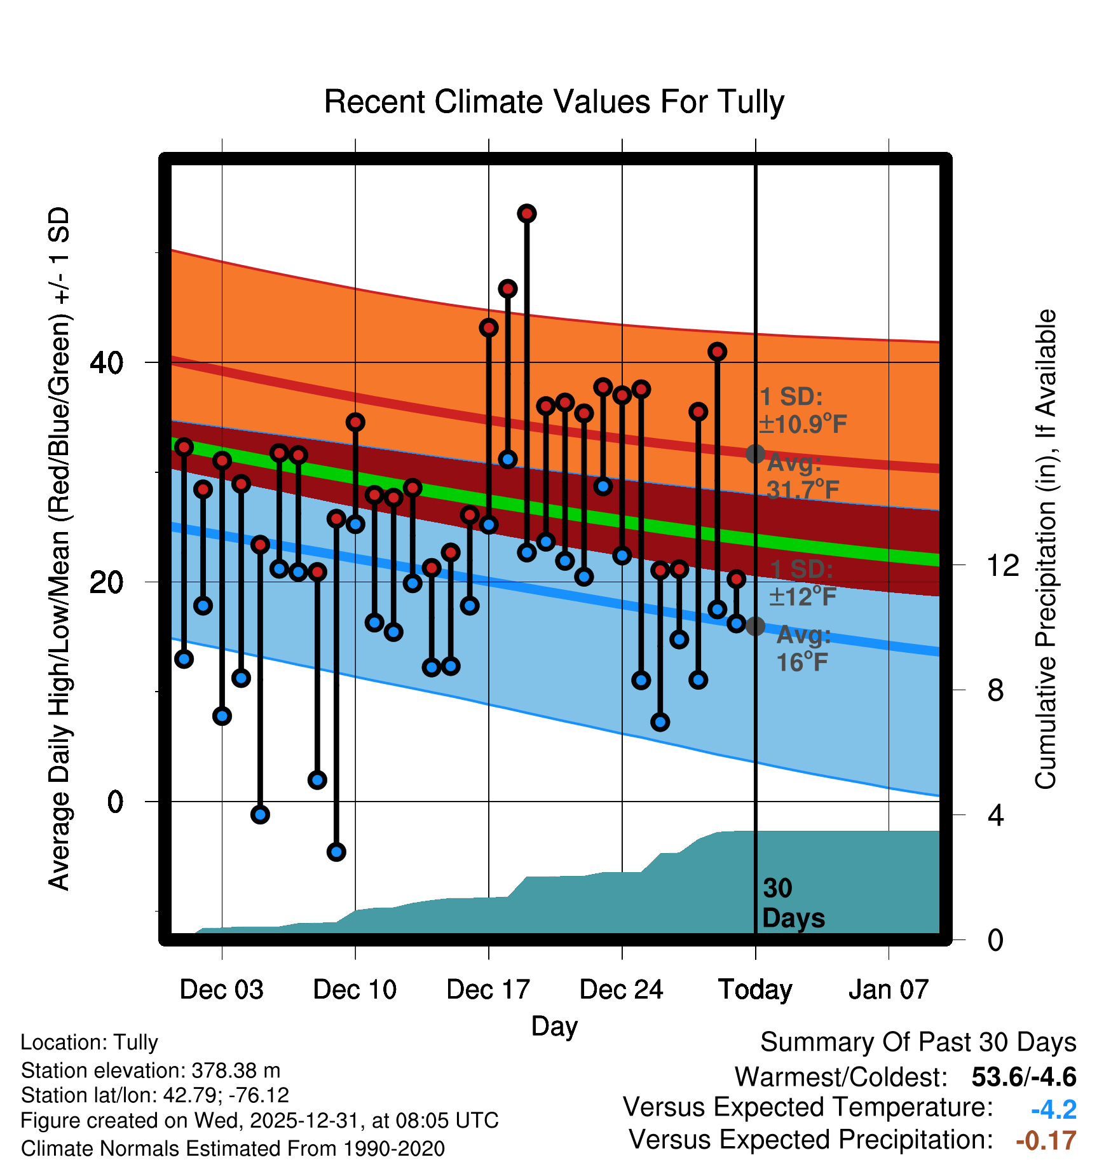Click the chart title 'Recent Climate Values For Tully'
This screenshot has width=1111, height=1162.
(x=554, y=102)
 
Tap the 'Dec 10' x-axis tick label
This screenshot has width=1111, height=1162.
(x=355, y=990)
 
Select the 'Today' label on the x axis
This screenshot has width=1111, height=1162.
(x=755, y=990)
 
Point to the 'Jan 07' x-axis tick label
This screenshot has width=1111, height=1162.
(x=889, y=990)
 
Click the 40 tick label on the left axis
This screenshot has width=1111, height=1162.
(x=107, y=363)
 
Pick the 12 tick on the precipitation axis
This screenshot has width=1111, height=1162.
(x=1003, y=565)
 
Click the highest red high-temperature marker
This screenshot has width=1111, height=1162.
(x=526, y=214)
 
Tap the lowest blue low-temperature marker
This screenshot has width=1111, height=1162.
(x=336, y=852)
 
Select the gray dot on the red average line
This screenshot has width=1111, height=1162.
(x=755, y=454)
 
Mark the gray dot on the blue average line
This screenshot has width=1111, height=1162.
(x=755, y=626)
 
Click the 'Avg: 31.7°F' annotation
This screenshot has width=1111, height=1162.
(x=802, y=476)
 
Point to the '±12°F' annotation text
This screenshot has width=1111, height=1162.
(x=802, y=596)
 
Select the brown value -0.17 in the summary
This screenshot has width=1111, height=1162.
(x=1046, y=1140)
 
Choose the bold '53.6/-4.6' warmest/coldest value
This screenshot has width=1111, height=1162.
(x=1024, y=1077)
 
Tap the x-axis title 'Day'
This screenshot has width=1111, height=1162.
(x=554, y=1026)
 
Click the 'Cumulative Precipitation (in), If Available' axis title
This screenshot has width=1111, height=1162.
(x=1045, y=549)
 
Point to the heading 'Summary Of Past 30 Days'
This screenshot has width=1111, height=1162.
(x=918, y=1042)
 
